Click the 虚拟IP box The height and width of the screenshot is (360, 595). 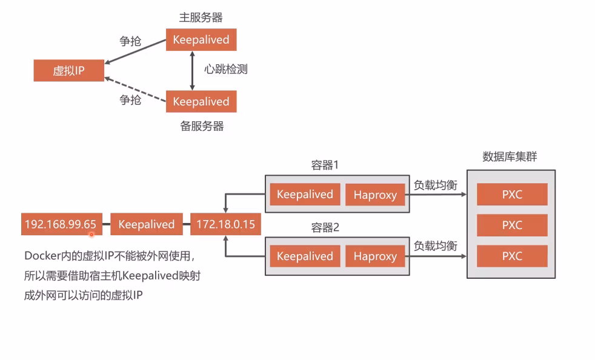tap(68, 71)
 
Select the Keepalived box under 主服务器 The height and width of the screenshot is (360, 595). tap(201, 40)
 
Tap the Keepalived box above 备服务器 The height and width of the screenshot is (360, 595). tap(201, 101)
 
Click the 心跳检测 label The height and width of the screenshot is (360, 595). tap(225, 69)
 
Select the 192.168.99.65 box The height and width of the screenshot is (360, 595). tap(60, 224)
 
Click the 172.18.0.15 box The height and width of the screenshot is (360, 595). tap(225, 224)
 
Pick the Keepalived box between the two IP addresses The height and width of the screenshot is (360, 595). tap(146, 224)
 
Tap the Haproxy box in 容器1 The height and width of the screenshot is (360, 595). tap(375, 195)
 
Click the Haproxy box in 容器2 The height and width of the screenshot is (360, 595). tap(375, 256)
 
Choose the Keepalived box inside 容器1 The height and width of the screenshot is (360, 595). tap(305, 195)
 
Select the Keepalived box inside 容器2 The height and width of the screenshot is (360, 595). tap(305, 256)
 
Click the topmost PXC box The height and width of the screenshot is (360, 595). tap(512, 195)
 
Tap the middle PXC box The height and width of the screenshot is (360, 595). tap(512, 225)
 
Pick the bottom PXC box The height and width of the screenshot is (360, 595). tap(512, 256)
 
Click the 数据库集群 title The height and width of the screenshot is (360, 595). tap(510, 157)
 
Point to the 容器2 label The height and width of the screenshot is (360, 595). tap(325, 228)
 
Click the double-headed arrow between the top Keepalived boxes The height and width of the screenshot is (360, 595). tap(192, 70)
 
